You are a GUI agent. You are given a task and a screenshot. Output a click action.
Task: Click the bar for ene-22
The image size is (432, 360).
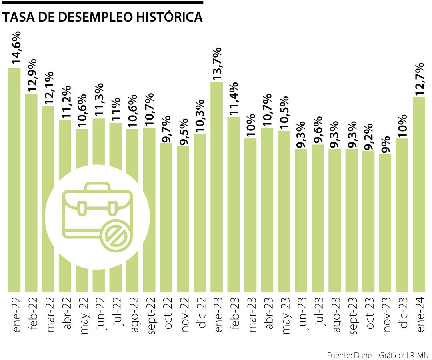pyautogui.click(x=14, y=180)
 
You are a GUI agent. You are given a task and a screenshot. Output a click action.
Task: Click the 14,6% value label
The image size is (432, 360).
pyautogui.click(x=16, y=47)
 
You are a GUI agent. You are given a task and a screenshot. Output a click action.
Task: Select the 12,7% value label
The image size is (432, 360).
pyautogui.click(x=419, y=79)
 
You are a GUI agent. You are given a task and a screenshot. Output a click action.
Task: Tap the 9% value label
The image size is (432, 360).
pyautogui.click(x=386, y=143)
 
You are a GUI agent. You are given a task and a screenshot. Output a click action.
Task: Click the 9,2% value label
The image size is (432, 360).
pyautogui.click(x=369, y=136)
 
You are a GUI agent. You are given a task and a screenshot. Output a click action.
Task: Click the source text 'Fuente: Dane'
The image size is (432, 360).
pyautogui.click(x=349, y=355)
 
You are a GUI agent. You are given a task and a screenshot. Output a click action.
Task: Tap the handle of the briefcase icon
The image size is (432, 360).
pyautogui.click(x=97, y=187)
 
